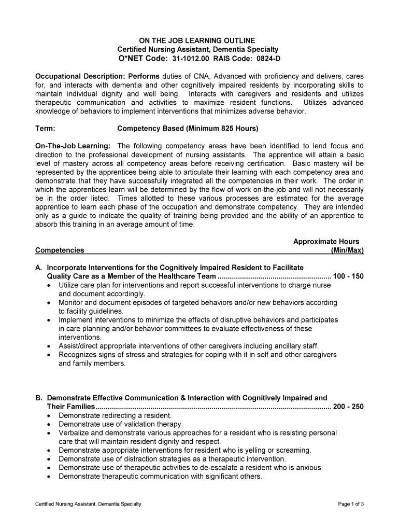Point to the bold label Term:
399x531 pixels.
(x=45, y=128)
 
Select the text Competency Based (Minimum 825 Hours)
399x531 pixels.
(x=188, y=128)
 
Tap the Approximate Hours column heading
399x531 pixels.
(x=326, y=242)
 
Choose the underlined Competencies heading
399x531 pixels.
(x=60, y=250)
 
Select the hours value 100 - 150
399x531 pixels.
(x=348, y=276)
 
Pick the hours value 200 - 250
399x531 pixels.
(x=348, y=407)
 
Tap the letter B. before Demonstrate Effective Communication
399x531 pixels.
(x=39, y=398)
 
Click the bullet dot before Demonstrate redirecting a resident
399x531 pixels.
(x=49, y=416)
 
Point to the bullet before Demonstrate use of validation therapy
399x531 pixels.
(x=49, y=424)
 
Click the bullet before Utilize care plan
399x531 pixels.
(x=49, y=285)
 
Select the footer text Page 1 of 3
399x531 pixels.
(x=351, y=504)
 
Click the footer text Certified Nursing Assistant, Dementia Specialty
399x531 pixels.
(x=88, y=504)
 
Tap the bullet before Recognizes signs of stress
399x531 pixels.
(x=49, y=355)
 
